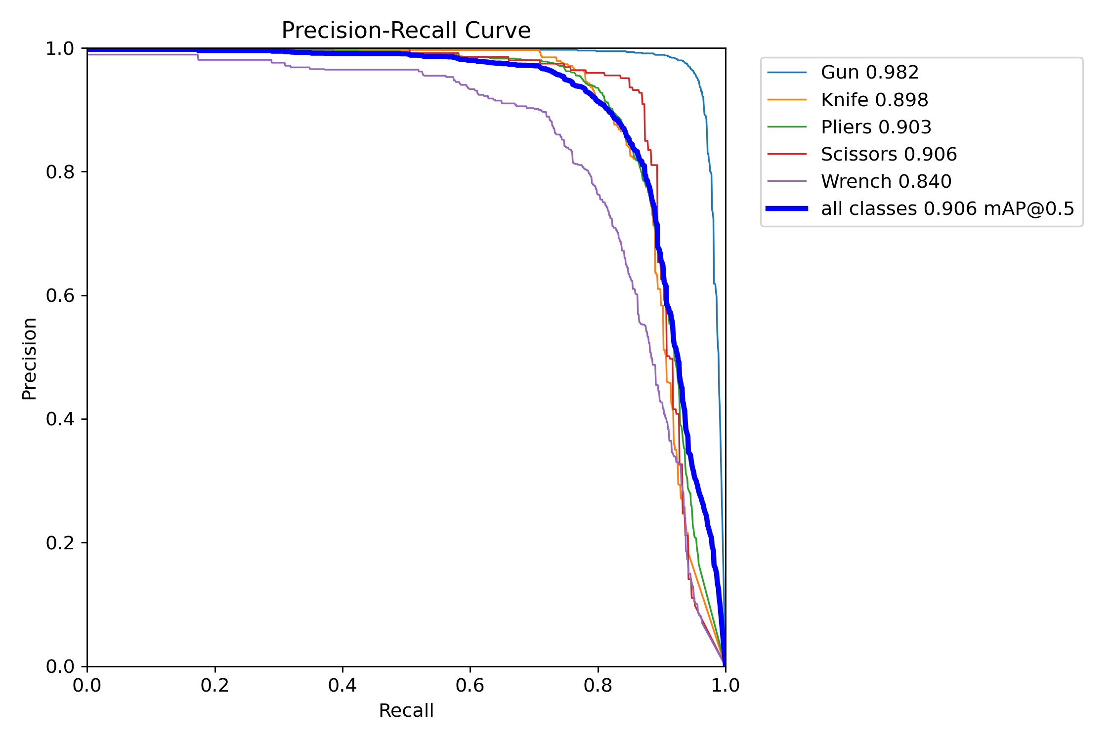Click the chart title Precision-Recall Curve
tap(406, 31)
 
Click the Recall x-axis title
tap(406, 711)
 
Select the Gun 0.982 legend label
tap(869, 73)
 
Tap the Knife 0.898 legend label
tap(874, 100)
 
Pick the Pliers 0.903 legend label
tap(876, 127)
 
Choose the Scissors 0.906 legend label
tap(889, 154)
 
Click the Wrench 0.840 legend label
tap(886, 181)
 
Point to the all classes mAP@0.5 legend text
tap(947, 209)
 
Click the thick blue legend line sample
tap(787, 208)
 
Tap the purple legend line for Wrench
tap(787, 181)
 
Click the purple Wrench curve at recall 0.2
tap(215, 60)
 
